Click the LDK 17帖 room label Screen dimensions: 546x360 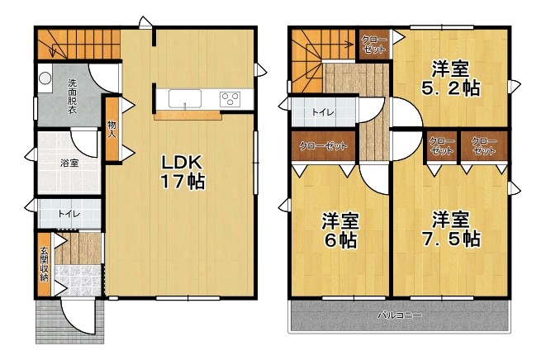click(182, 172)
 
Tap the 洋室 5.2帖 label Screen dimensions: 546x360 click(450, 78)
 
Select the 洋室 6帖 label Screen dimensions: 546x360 click(339, 230)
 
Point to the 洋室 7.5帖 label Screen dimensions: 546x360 click(451, 229)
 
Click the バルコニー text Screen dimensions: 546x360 click(400, 315)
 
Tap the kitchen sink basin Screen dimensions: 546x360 click(185, 98)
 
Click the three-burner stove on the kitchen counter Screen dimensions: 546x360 click(230, 98)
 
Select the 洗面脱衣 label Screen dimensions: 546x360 click(72, 97)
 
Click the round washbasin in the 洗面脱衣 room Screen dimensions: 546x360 click(45, 78)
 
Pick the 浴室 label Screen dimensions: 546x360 click(69, 163)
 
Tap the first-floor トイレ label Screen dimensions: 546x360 click(69, 214)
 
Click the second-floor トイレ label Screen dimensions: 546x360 click(323, 112)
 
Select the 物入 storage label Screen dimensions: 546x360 click(112, 129)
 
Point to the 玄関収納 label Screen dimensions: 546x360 click(45, 264)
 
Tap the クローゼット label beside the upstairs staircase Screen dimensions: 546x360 click(375, 45)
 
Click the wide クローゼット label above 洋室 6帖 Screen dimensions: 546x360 click(323, 145)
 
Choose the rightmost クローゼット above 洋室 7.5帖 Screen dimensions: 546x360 click(484, 146)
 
